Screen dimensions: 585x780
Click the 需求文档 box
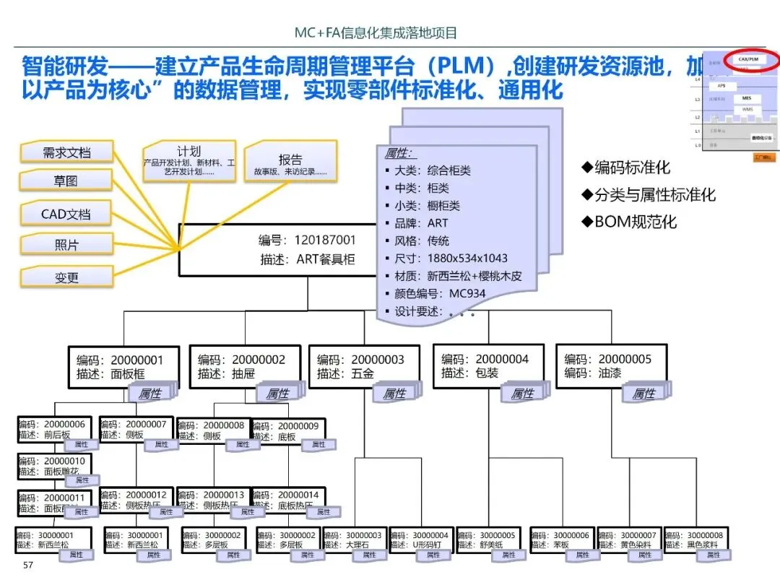tap(66, 152)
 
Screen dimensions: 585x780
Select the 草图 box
tap(66, 181)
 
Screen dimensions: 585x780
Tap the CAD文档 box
tap(66, 214)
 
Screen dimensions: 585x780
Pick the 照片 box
tap(66, 245)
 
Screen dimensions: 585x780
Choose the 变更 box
tap(66, 277)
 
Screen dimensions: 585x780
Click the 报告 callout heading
tap(290, 160)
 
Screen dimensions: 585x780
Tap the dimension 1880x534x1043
tap(468, 258)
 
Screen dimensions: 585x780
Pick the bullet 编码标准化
tap(626, 168)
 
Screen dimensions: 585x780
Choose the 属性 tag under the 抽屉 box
tap(277, 394)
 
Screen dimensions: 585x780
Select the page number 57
tap(29, 564)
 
